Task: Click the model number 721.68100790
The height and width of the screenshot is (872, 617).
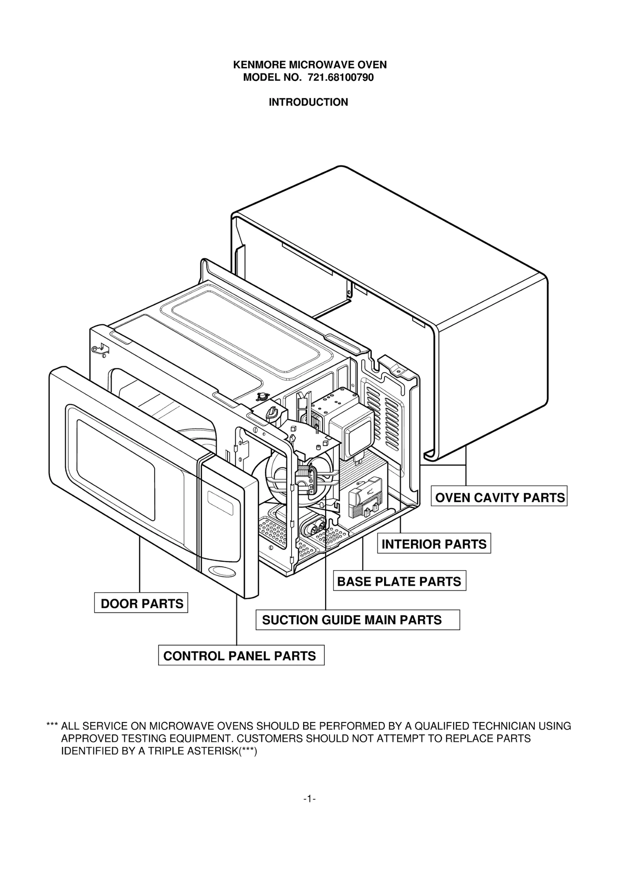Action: tap(341, 78)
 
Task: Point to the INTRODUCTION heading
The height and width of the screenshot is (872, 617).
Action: tap(308, 102)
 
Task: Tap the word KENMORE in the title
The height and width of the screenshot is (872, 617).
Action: tap(260, 65)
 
